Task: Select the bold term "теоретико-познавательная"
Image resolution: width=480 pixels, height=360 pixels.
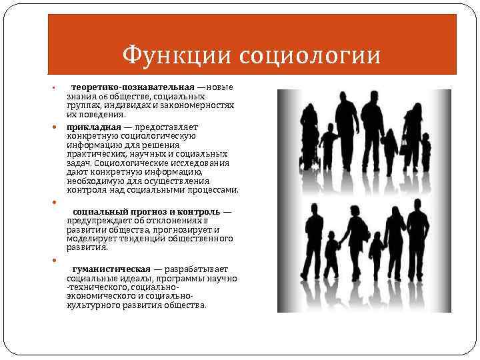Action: [133, 87]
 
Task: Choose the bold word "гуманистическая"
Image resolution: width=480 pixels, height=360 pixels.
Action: [111, 269]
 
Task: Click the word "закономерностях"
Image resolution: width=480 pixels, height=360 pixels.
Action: [201, 105]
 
